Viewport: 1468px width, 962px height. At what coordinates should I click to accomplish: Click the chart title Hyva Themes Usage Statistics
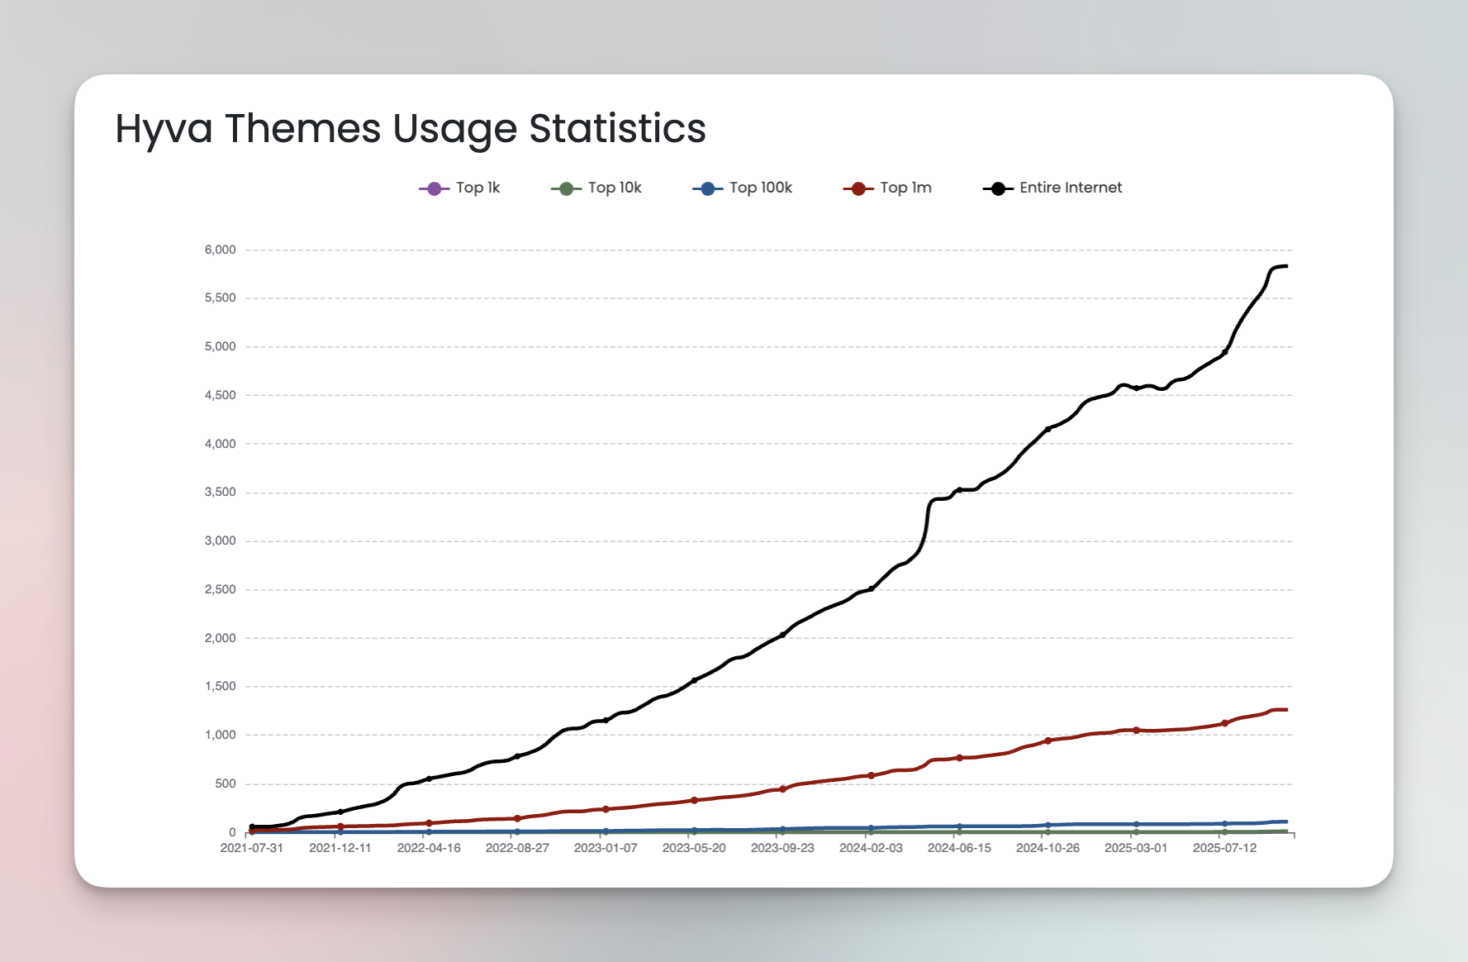[411, 129]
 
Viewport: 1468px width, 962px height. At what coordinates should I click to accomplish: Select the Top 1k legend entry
[460, 188]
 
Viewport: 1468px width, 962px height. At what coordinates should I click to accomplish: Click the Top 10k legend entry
[596, 188]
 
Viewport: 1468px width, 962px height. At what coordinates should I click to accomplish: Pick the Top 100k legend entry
[742, 188]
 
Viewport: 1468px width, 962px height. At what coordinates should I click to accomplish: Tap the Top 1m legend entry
[887, 188]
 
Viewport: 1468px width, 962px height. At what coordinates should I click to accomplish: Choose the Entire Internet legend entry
[1052, 188]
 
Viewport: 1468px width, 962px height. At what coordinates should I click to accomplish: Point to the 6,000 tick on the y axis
[220, 250]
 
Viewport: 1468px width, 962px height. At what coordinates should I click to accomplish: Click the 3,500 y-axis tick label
[220, 493]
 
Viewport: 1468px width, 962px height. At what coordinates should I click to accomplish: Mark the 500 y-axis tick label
[225, 783]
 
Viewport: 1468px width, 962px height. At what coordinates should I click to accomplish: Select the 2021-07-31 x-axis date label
[252, 848]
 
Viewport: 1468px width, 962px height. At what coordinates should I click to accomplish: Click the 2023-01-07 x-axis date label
[606, 848]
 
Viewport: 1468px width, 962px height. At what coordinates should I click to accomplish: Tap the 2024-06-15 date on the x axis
[959, 848]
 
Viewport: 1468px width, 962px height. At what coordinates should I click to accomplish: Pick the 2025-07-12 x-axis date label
[1224, 848]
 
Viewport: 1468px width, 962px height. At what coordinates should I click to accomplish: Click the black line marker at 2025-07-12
[1224, 352]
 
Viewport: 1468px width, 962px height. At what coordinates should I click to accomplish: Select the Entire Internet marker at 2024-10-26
[1048, 429]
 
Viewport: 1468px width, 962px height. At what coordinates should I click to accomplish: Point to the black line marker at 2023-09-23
[782, 635]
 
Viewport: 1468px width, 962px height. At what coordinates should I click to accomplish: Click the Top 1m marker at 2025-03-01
[1136, 730]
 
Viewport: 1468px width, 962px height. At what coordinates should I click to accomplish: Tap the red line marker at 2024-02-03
[871, 775]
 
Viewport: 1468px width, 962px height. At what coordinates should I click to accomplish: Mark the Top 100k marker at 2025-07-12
[1224, 824]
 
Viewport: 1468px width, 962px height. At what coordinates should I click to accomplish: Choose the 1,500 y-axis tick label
[220, 687]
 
